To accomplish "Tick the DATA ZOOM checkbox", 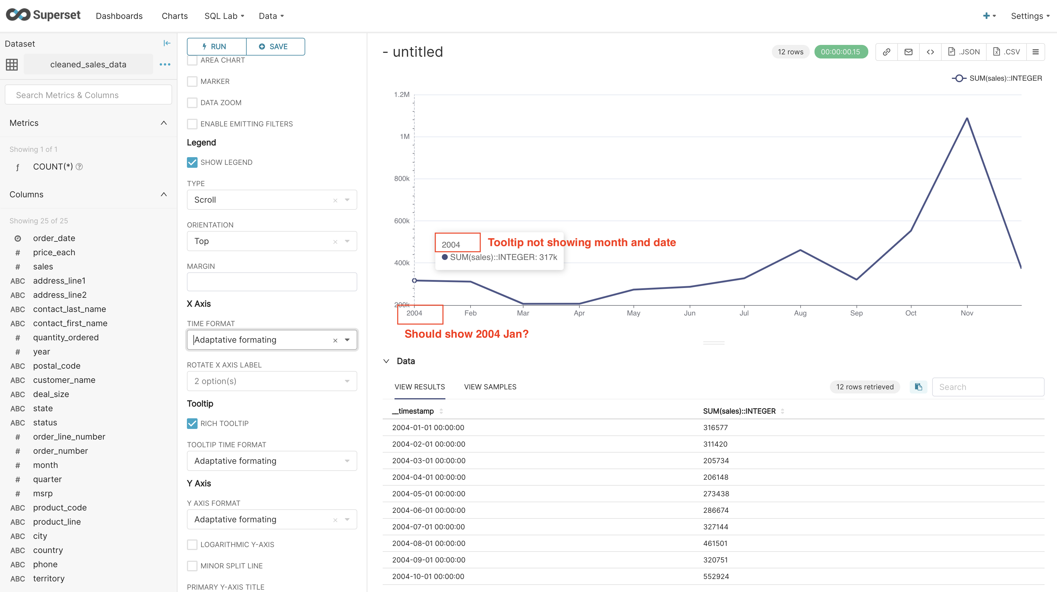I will click(192, 103).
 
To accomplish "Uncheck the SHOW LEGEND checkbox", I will click(192, 162).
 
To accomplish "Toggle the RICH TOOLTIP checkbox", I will click(192, 424).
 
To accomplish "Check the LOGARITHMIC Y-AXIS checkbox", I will click(192, 544).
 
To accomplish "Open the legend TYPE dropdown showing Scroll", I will click(271, 200).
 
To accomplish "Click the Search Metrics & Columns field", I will click(88, 95).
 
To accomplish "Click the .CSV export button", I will click(1006, 52).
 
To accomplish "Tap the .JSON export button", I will click(964, 52).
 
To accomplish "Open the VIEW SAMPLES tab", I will click(490, 387).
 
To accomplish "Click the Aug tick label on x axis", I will click(800, 313).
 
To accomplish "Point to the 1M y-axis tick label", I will click(405, 136).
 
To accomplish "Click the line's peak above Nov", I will click(967, 118).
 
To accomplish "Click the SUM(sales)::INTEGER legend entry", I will click(1005, 78).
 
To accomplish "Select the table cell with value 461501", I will click(715, 543).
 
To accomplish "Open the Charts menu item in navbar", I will click(174, 16).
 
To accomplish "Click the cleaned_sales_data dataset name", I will click(88, 64).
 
